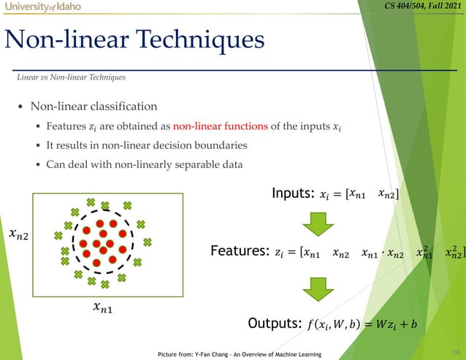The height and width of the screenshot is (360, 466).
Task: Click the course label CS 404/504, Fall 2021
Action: pos(424,7)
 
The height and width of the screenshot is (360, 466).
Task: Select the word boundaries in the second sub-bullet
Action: pos(216,145)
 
